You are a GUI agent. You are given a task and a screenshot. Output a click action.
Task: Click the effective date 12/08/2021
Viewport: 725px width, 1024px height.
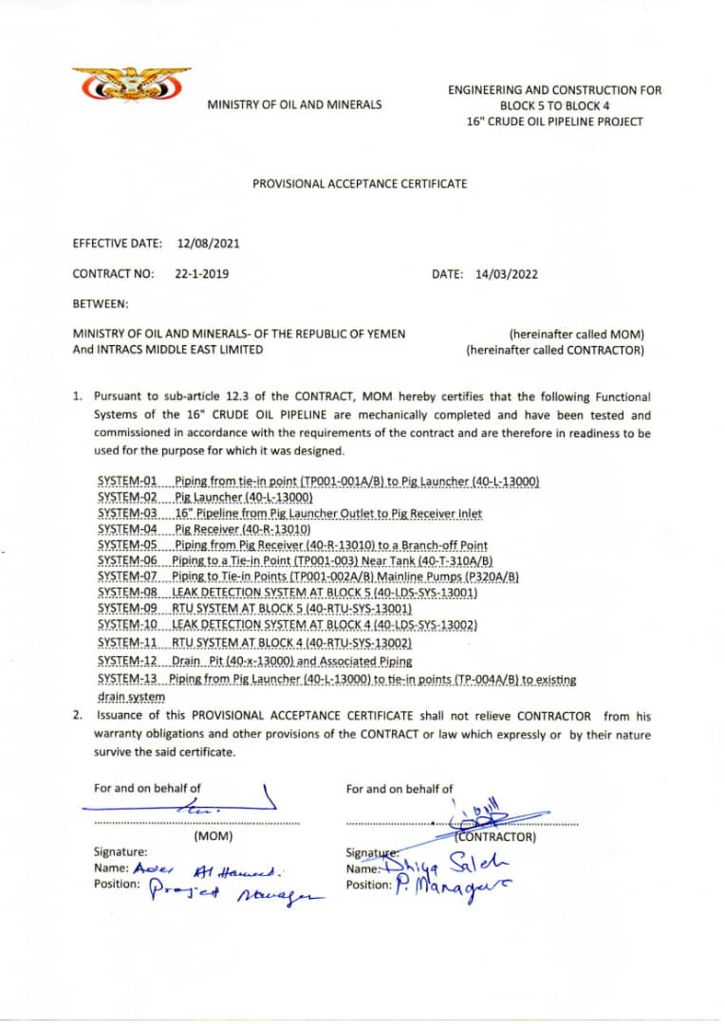click(208, 243)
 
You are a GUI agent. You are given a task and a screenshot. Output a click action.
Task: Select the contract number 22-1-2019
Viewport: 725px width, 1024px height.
click(201, 274)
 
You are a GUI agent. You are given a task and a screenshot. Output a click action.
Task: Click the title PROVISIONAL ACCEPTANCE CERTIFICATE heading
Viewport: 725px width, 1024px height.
click(360, 183)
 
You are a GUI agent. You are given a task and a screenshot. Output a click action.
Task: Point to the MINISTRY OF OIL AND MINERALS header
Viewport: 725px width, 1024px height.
click(294, 104)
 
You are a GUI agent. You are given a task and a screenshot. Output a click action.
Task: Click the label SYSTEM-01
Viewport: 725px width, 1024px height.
click(128, 482)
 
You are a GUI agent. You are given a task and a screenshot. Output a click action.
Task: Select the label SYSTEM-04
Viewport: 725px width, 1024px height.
click(128, 529)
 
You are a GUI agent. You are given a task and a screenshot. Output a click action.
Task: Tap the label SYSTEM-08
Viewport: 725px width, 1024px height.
click(128, 593)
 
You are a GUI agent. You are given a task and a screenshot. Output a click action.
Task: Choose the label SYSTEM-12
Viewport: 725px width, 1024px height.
click(128, 661)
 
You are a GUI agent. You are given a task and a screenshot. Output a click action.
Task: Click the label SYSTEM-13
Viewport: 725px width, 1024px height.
click(128, 679)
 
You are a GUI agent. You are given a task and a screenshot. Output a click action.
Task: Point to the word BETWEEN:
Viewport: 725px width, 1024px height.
click(101, 304)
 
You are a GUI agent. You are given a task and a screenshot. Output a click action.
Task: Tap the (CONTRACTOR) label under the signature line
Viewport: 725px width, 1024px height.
click(495, 837)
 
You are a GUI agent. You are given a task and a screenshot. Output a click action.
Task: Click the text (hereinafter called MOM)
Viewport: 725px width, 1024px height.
click(576, 334)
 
